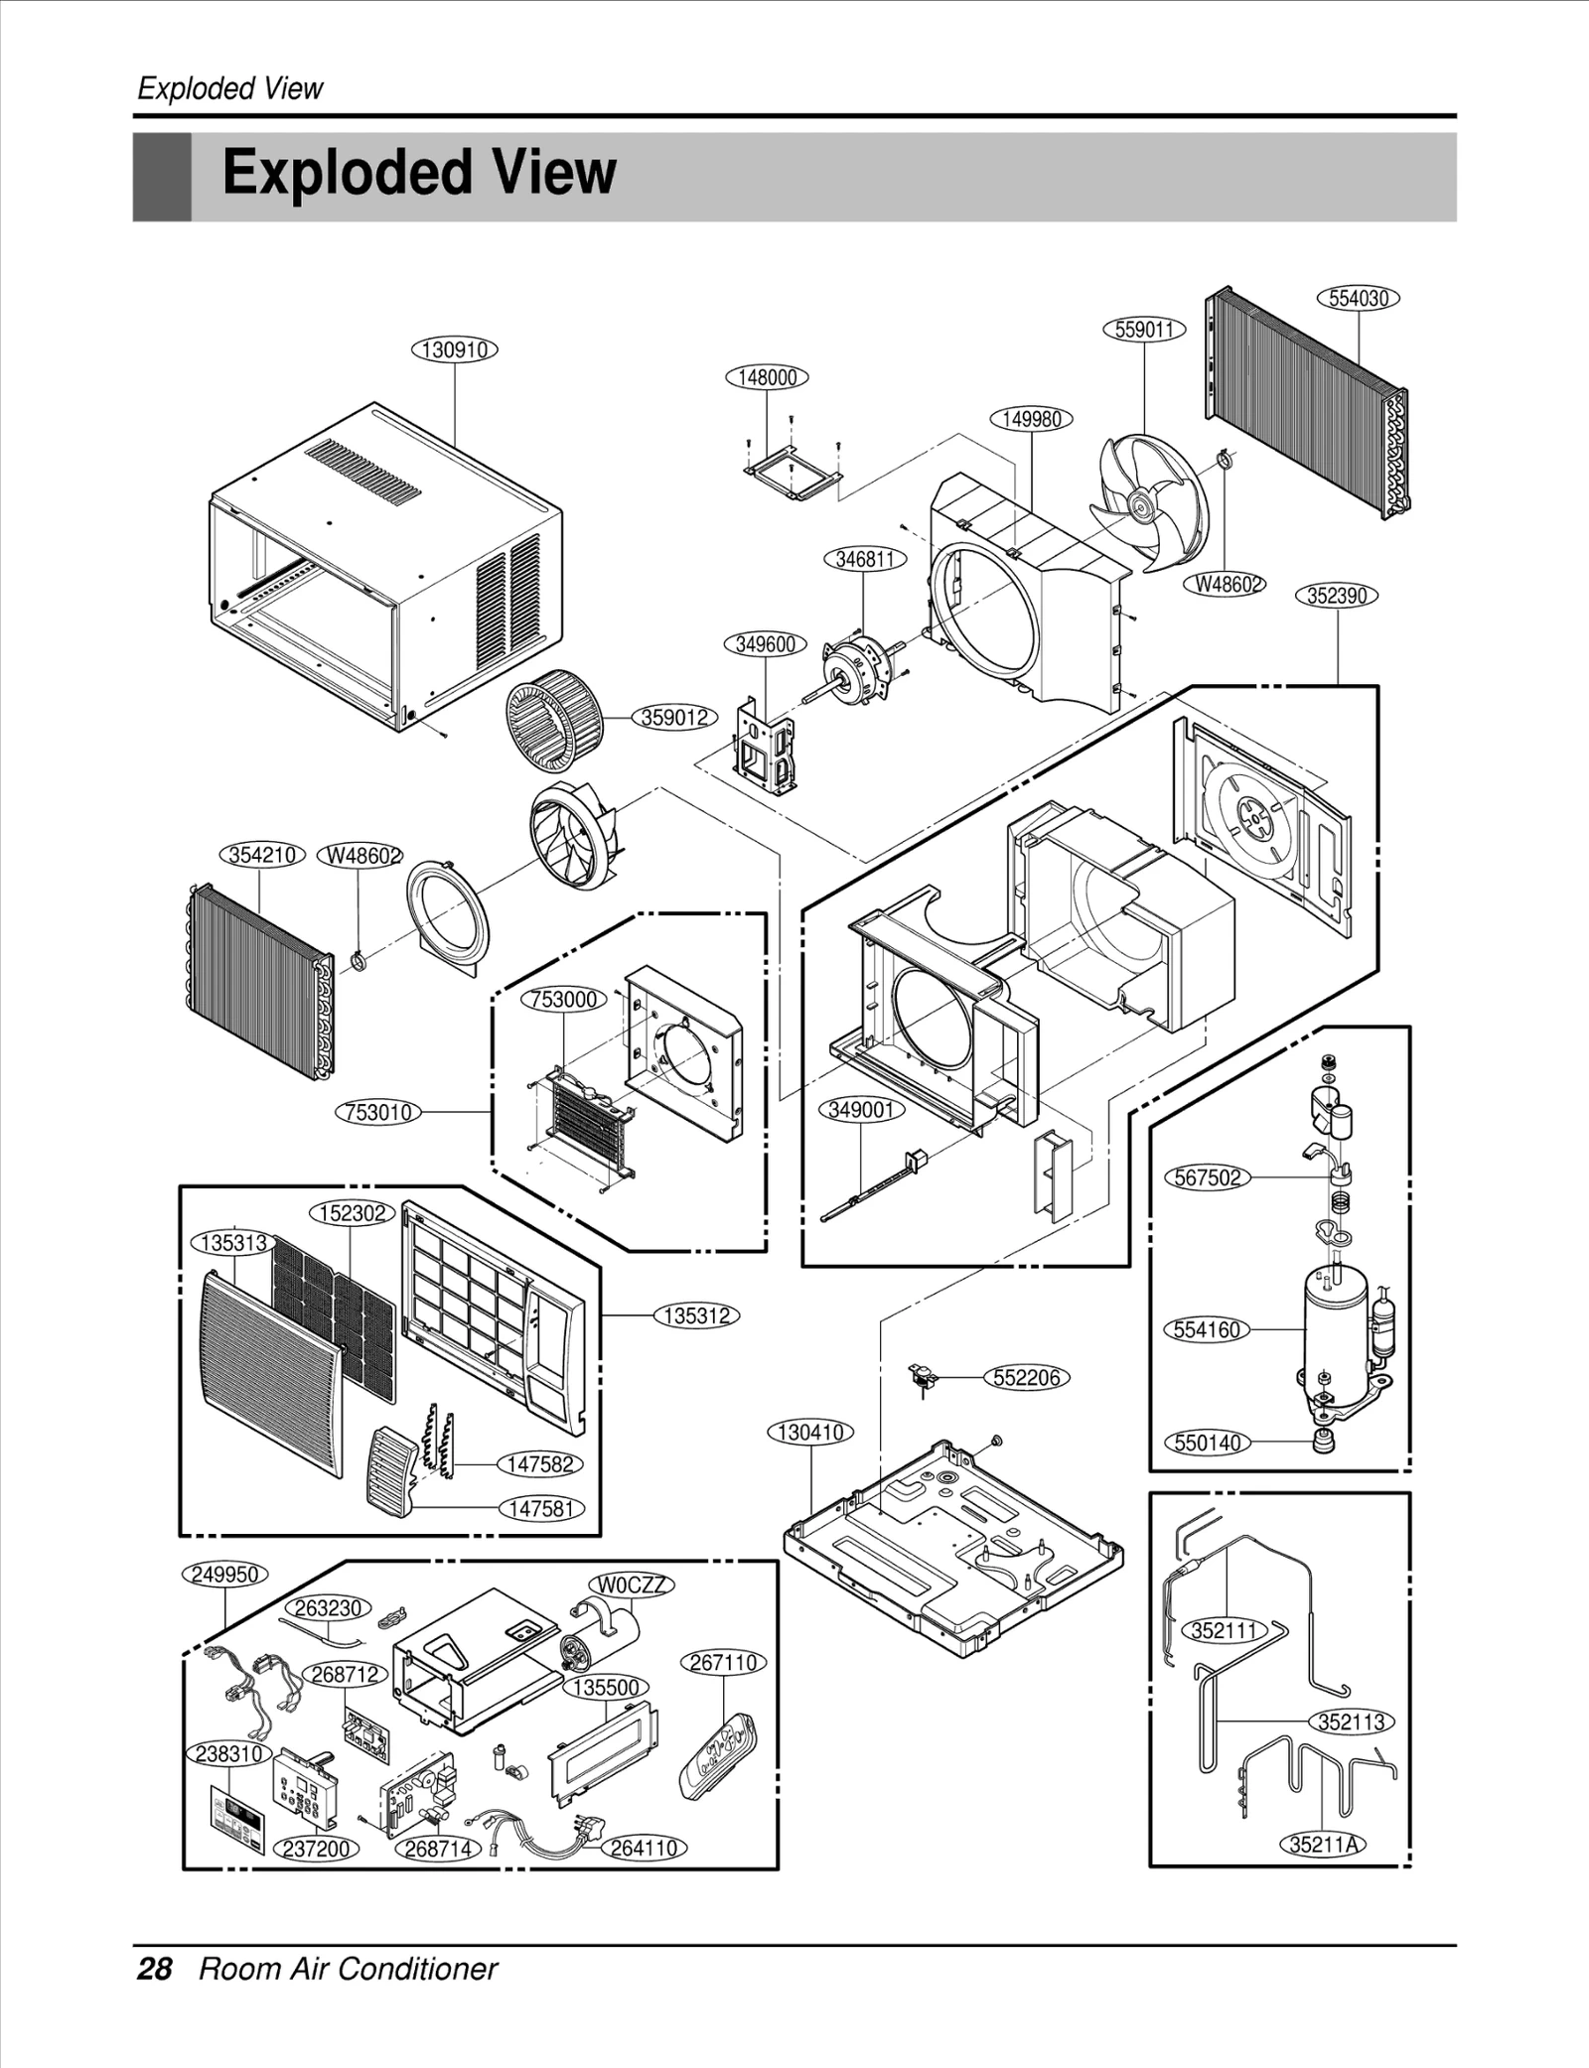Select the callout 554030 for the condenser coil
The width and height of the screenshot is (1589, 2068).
click(x=1358, y=298)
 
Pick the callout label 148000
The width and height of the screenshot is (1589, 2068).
click(x=767, y=377)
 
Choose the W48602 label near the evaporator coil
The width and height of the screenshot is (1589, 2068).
click(x=359, y=856)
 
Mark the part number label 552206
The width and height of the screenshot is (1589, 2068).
click(x=1027, y=1378)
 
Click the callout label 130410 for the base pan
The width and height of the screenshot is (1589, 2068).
click(x=811, y=1433)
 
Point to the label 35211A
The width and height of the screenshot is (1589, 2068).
click(x=1323, y=1845)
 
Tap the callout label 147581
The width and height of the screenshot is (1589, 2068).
click(x=541, y=1509)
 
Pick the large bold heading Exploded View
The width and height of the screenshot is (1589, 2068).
click(x=419, y=173)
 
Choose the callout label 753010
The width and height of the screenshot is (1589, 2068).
click(x=377, y=1112)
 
